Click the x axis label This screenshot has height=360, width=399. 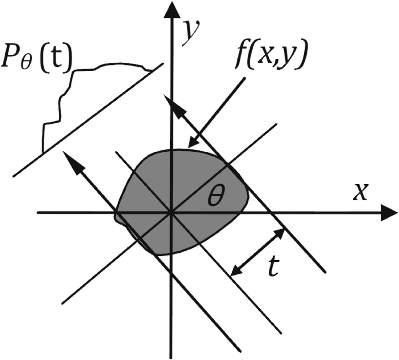(x=360, y=193)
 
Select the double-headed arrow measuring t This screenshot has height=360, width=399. (x=258, y=252)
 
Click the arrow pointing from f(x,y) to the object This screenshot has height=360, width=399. (x=216, y=113)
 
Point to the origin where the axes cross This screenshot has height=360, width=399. (x=171, y=213)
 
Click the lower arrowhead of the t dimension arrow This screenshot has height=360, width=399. (x=235, y=271)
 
